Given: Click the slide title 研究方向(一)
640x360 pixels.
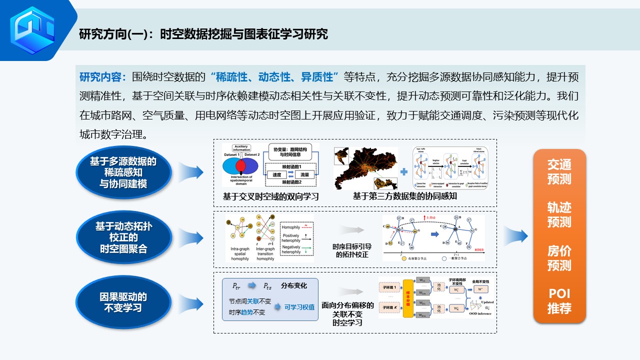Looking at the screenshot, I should click(203, 34).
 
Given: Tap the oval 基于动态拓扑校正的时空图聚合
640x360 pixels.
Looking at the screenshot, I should click(123, 237).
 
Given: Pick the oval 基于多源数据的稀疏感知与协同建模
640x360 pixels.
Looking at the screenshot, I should click(123, 172).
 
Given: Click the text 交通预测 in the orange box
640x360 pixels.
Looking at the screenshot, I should click(559, 171).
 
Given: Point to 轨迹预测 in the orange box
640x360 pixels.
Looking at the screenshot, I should click(559, 214).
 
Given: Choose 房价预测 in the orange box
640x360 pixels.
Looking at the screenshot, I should click(559, 258).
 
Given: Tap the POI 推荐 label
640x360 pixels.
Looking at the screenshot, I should click(559, 301).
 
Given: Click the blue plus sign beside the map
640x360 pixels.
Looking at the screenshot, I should click(404, 171).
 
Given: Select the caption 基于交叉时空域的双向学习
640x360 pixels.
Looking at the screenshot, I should click(271, 196).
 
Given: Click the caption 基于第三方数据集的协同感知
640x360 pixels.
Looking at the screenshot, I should click(404, 196).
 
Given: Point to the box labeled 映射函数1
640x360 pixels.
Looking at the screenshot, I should click(291, 166).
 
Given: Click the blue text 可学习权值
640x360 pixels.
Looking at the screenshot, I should click(299, 307).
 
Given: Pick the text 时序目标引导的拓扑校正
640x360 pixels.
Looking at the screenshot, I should click(351, 250).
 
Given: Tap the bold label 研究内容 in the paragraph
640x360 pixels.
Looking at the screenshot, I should click(102, 77).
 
